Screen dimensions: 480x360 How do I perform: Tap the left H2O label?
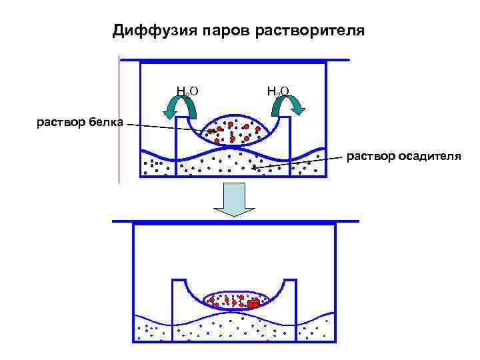[x=187, y=90]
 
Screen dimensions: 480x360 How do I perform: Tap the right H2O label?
[x=277, y=90]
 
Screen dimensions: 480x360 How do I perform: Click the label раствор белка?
[x=79, y=123]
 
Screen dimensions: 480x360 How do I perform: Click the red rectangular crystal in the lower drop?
[x=253, y=304]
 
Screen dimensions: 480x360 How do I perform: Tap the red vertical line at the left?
[x=119, y=120]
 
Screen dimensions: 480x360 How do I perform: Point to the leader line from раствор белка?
[x=167, y=127]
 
